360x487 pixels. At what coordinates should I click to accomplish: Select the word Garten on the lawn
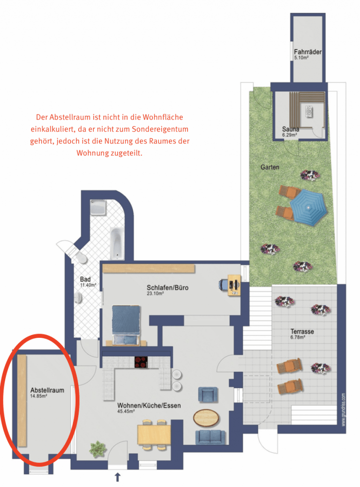pos(270,167)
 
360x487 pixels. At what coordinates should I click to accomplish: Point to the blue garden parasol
pos(308,207)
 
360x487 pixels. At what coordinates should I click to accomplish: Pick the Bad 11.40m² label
pos(88,282)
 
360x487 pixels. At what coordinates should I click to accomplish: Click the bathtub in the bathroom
pos(117,244)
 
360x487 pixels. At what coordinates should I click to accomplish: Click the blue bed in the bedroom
pos(126,325)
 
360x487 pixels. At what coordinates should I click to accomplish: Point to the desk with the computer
pos(234,285)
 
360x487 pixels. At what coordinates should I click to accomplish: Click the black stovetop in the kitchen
pos(141,362)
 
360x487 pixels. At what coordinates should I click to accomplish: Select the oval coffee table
pos(206,418)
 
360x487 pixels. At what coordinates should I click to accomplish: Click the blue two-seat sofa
pos(210,437)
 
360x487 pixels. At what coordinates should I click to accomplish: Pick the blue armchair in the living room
pos(208,395)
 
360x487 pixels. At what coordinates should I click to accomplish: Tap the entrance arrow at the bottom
pos(118,477)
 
